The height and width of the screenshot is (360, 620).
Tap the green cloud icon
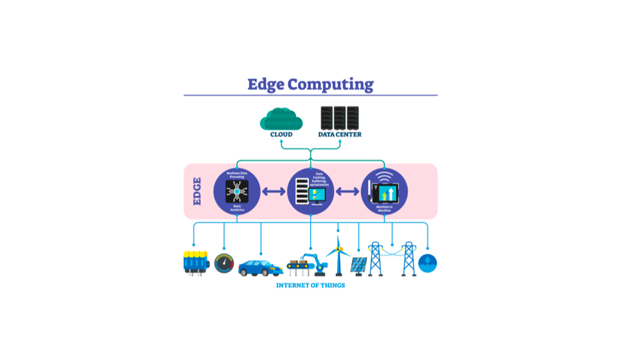coord(281,119)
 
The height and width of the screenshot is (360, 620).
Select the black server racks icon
coord(339,118)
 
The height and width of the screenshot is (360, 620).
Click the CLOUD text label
coord(281,134)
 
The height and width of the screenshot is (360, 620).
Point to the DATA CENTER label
coord(340,134)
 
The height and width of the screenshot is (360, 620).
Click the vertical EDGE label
coord(197,192)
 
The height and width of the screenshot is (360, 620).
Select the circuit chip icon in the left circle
coord(237,192)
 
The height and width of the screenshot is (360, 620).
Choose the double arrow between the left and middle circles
coord(274,192)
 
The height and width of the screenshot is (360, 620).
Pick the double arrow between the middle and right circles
coord(347,192)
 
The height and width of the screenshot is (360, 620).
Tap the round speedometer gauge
coord(224,263)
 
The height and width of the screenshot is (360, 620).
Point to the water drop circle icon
coord(428,263)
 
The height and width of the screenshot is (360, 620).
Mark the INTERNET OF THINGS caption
coord(310,285)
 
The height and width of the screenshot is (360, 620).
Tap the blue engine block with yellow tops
coord(195,262)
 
